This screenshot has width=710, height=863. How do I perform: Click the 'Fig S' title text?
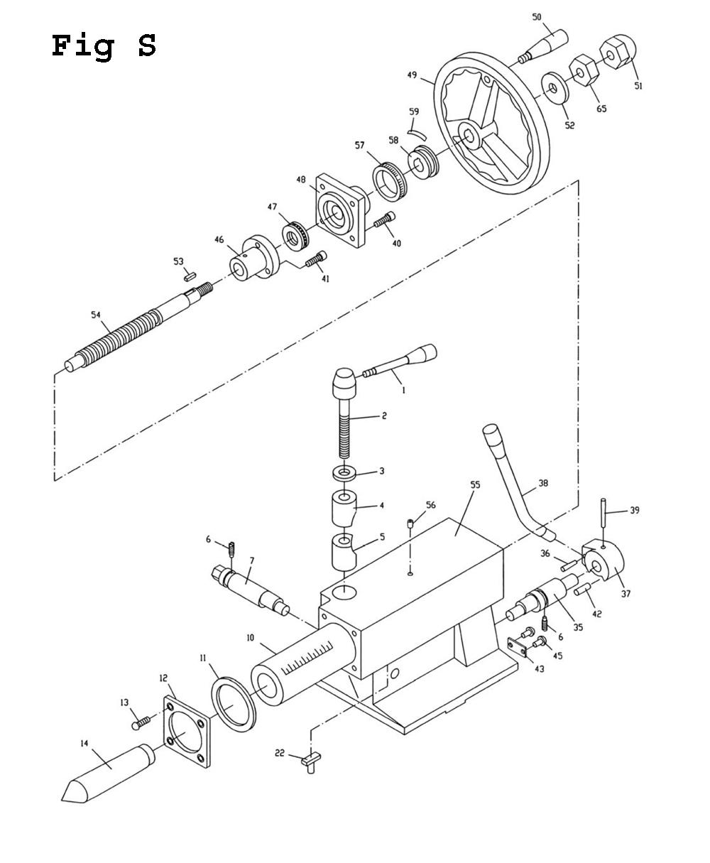[104, 46]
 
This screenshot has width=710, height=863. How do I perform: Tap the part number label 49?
[413, 75]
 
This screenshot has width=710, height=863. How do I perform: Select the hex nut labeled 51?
[618, 52]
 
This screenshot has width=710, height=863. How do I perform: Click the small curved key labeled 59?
[417, 134]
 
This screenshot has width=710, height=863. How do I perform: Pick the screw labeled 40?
[385, 219]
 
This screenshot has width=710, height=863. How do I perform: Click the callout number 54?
[96, 315]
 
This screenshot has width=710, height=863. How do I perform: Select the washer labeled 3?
[344, 472]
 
